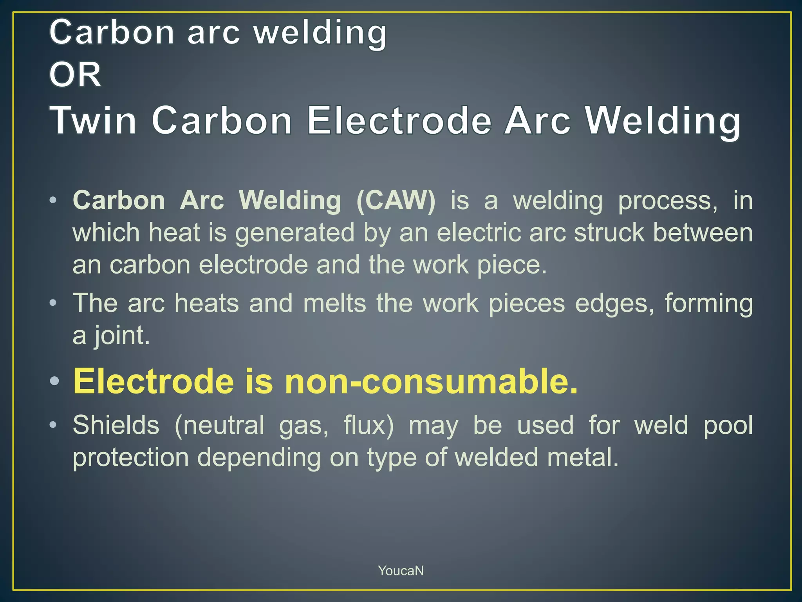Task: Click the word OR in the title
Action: click(75, 75)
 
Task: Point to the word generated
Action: click(294, 233)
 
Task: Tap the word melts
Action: click(334, 303)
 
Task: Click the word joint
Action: click(121, 336)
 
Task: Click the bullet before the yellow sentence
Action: click(54, 381)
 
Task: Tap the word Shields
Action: click(116, 425)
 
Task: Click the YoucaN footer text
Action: click(401, 571)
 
